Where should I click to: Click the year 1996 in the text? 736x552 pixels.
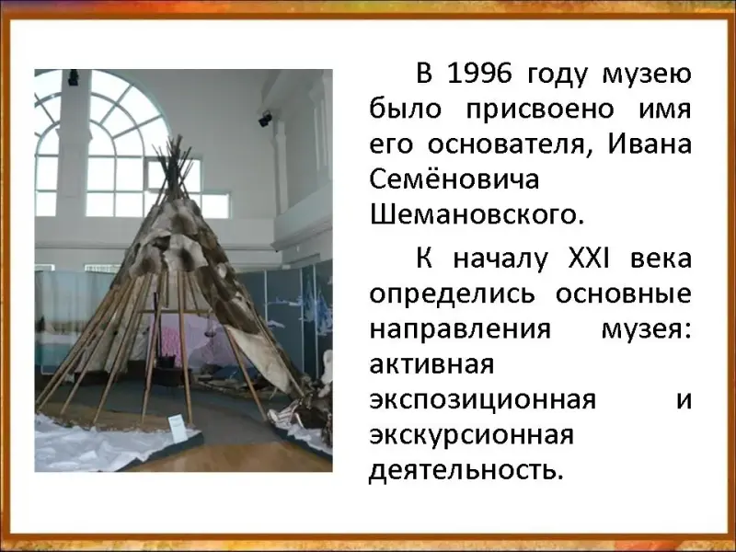point(479,75)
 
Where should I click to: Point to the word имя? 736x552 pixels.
point(665,110)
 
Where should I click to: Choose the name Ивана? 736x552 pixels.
point(650,144)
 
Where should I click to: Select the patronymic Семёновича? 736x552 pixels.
point(454,179)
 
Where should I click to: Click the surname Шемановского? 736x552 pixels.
point(477,215)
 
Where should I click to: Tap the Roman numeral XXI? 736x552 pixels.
point(588,259)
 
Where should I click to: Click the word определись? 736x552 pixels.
point(452,294)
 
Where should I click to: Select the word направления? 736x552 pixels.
point(460,330)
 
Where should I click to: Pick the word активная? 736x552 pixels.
point(431,364)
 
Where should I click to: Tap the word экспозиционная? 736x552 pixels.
point(482,401)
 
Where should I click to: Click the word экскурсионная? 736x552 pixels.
point(472,436)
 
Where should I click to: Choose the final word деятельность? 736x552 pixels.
point(466,470)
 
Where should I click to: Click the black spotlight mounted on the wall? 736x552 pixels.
point(265,119)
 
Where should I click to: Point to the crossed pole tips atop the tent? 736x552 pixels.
point(174,159)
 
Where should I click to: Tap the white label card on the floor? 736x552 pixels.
point(177,428)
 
